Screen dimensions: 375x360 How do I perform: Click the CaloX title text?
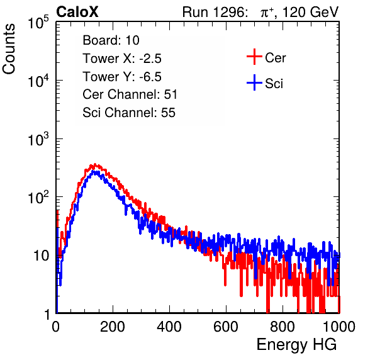77,12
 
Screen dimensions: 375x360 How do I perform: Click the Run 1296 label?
215,12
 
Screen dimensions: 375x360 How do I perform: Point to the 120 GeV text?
310,12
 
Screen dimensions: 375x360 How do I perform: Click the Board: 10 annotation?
111,40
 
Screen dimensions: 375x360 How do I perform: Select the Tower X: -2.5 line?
122,59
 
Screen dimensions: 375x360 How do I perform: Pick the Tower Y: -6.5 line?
122,77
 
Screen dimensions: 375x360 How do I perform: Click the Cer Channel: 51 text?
130,94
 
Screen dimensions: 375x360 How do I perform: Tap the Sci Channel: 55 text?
129,113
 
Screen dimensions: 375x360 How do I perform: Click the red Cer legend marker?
254,57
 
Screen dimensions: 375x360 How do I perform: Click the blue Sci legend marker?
254,83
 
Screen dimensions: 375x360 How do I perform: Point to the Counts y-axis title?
9,49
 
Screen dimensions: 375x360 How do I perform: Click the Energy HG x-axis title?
296,344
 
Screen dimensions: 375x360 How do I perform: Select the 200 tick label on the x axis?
113,327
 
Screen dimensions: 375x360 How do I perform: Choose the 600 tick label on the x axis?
226,327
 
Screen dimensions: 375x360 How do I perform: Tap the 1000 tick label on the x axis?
339,327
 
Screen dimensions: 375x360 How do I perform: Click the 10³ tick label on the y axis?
38,138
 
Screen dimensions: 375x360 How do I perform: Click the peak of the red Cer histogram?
95,164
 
